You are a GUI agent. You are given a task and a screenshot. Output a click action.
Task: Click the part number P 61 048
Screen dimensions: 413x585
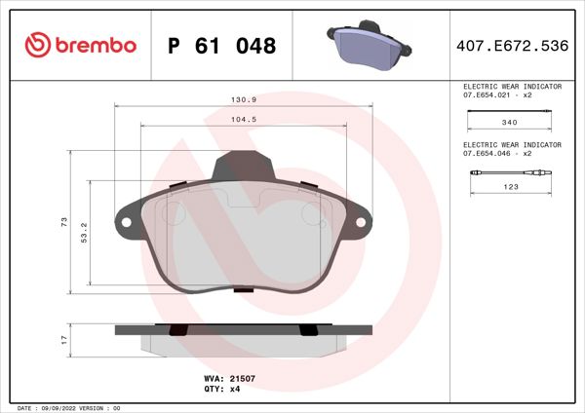point(222,46)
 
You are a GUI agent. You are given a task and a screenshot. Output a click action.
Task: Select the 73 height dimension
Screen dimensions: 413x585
point(63,223)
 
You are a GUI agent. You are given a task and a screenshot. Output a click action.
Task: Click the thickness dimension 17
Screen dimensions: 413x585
point(63,339)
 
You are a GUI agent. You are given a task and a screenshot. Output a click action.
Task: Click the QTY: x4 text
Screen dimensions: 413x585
point(221,388)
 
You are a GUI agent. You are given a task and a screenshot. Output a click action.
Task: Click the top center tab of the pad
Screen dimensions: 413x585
point(242,167)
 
